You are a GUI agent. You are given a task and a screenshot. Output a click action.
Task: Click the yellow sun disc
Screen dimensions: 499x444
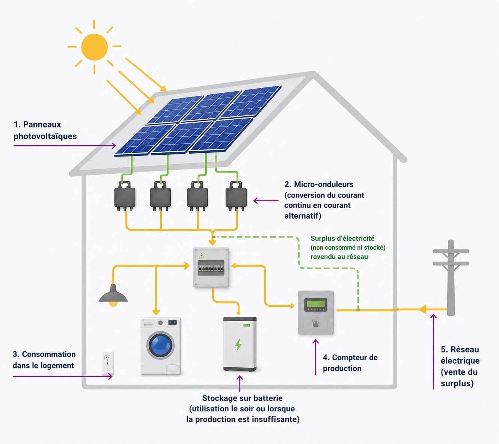pos(94,47)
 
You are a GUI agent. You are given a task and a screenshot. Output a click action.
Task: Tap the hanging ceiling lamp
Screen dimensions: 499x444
pos(113,295)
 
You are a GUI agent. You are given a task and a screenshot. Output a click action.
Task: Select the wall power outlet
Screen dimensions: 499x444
pos(107,363)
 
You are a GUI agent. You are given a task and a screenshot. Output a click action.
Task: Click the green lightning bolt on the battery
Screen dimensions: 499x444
pos(238,345)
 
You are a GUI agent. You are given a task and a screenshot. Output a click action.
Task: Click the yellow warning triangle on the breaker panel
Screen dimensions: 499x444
pos(201,255)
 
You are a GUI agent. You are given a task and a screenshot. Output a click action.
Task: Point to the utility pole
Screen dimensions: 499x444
pos(451,277)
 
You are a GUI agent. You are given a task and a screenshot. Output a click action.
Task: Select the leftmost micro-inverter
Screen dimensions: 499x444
pos(125,196)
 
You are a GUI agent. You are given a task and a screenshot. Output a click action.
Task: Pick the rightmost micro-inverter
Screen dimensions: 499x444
pos(236,196)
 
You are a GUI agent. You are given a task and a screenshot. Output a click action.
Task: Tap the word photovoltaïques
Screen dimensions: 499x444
pos(45,136)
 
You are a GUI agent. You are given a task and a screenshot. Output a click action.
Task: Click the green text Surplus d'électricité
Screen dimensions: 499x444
pos(342,238)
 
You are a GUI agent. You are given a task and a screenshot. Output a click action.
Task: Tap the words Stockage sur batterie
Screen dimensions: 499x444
pos(242,398)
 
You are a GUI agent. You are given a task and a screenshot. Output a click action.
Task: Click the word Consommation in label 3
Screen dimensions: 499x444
pos(49,354)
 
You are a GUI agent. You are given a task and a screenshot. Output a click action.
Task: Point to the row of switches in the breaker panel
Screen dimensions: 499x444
pos(211,268)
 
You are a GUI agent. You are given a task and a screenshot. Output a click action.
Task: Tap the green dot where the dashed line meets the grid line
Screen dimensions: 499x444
pos(358,310)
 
